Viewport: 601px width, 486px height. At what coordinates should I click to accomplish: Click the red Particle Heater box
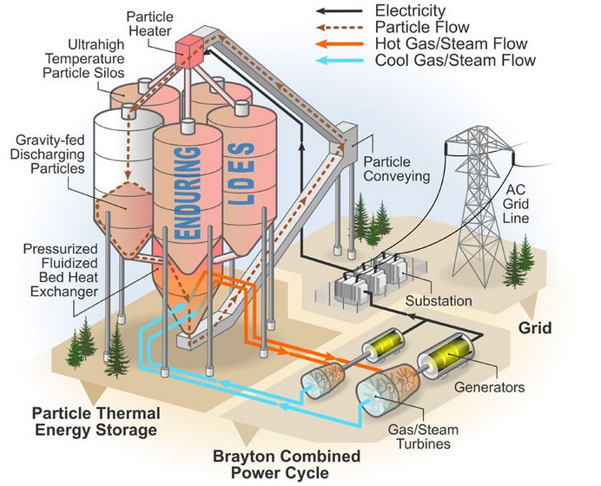point(189,53)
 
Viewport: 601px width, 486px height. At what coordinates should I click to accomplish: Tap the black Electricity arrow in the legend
point(340,11)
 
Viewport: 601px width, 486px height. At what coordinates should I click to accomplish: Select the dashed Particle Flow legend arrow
point(340,28)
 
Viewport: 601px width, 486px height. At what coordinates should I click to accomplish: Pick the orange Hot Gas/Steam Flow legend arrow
point(340,44)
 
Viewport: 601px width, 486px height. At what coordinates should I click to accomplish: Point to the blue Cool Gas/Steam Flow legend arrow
point(340,61)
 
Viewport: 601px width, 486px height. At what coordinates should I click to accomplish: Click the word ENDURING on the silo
point(188,193)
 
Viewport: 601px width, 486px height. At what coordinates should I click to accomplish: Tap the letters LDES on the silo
point(241,173)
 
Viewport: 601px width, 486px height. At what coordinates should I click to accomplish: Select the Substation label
point(439,300)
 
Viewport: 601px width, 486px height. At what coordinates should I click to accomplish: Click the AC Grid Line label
point(516,204)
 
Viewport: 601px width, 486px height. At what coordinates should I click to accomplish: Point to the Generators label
point(490,387)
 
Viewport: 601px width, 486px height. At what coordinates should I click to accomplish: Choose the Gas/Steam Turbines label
point(423,437)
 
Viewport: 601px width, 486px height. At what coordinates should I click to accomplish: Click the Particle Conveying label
point(397,169)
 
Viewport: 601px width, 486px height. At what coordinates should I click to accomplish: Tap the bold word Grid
point(535,328)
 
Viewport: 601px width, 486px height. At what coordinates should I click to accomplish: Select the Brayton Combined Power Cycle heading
point(287,464)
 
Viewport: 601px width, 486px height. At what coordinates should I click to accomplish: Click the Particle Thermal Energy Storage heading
point(96,422)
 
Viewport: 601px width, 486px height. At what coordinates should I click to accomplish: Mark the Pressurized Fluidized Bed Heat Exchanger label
point(61,271)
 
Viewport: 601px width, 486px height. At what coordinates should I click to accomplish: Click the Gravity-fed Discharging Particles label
point(48,154)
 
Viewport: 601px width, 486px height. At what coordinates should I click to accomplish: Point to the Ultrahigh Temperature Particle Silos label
point(83,59)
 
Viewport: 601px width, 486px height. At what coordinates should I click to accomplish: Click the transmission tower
point(479,203)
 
